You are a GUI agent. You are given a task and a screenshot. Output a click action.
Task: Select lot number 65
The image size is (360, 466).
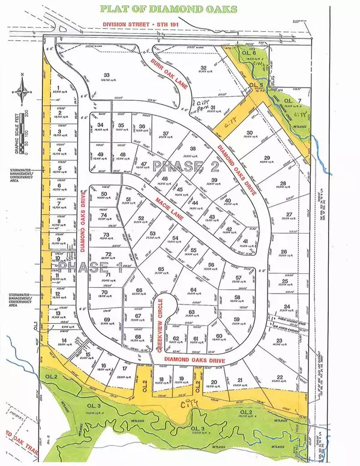point(161,269)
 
